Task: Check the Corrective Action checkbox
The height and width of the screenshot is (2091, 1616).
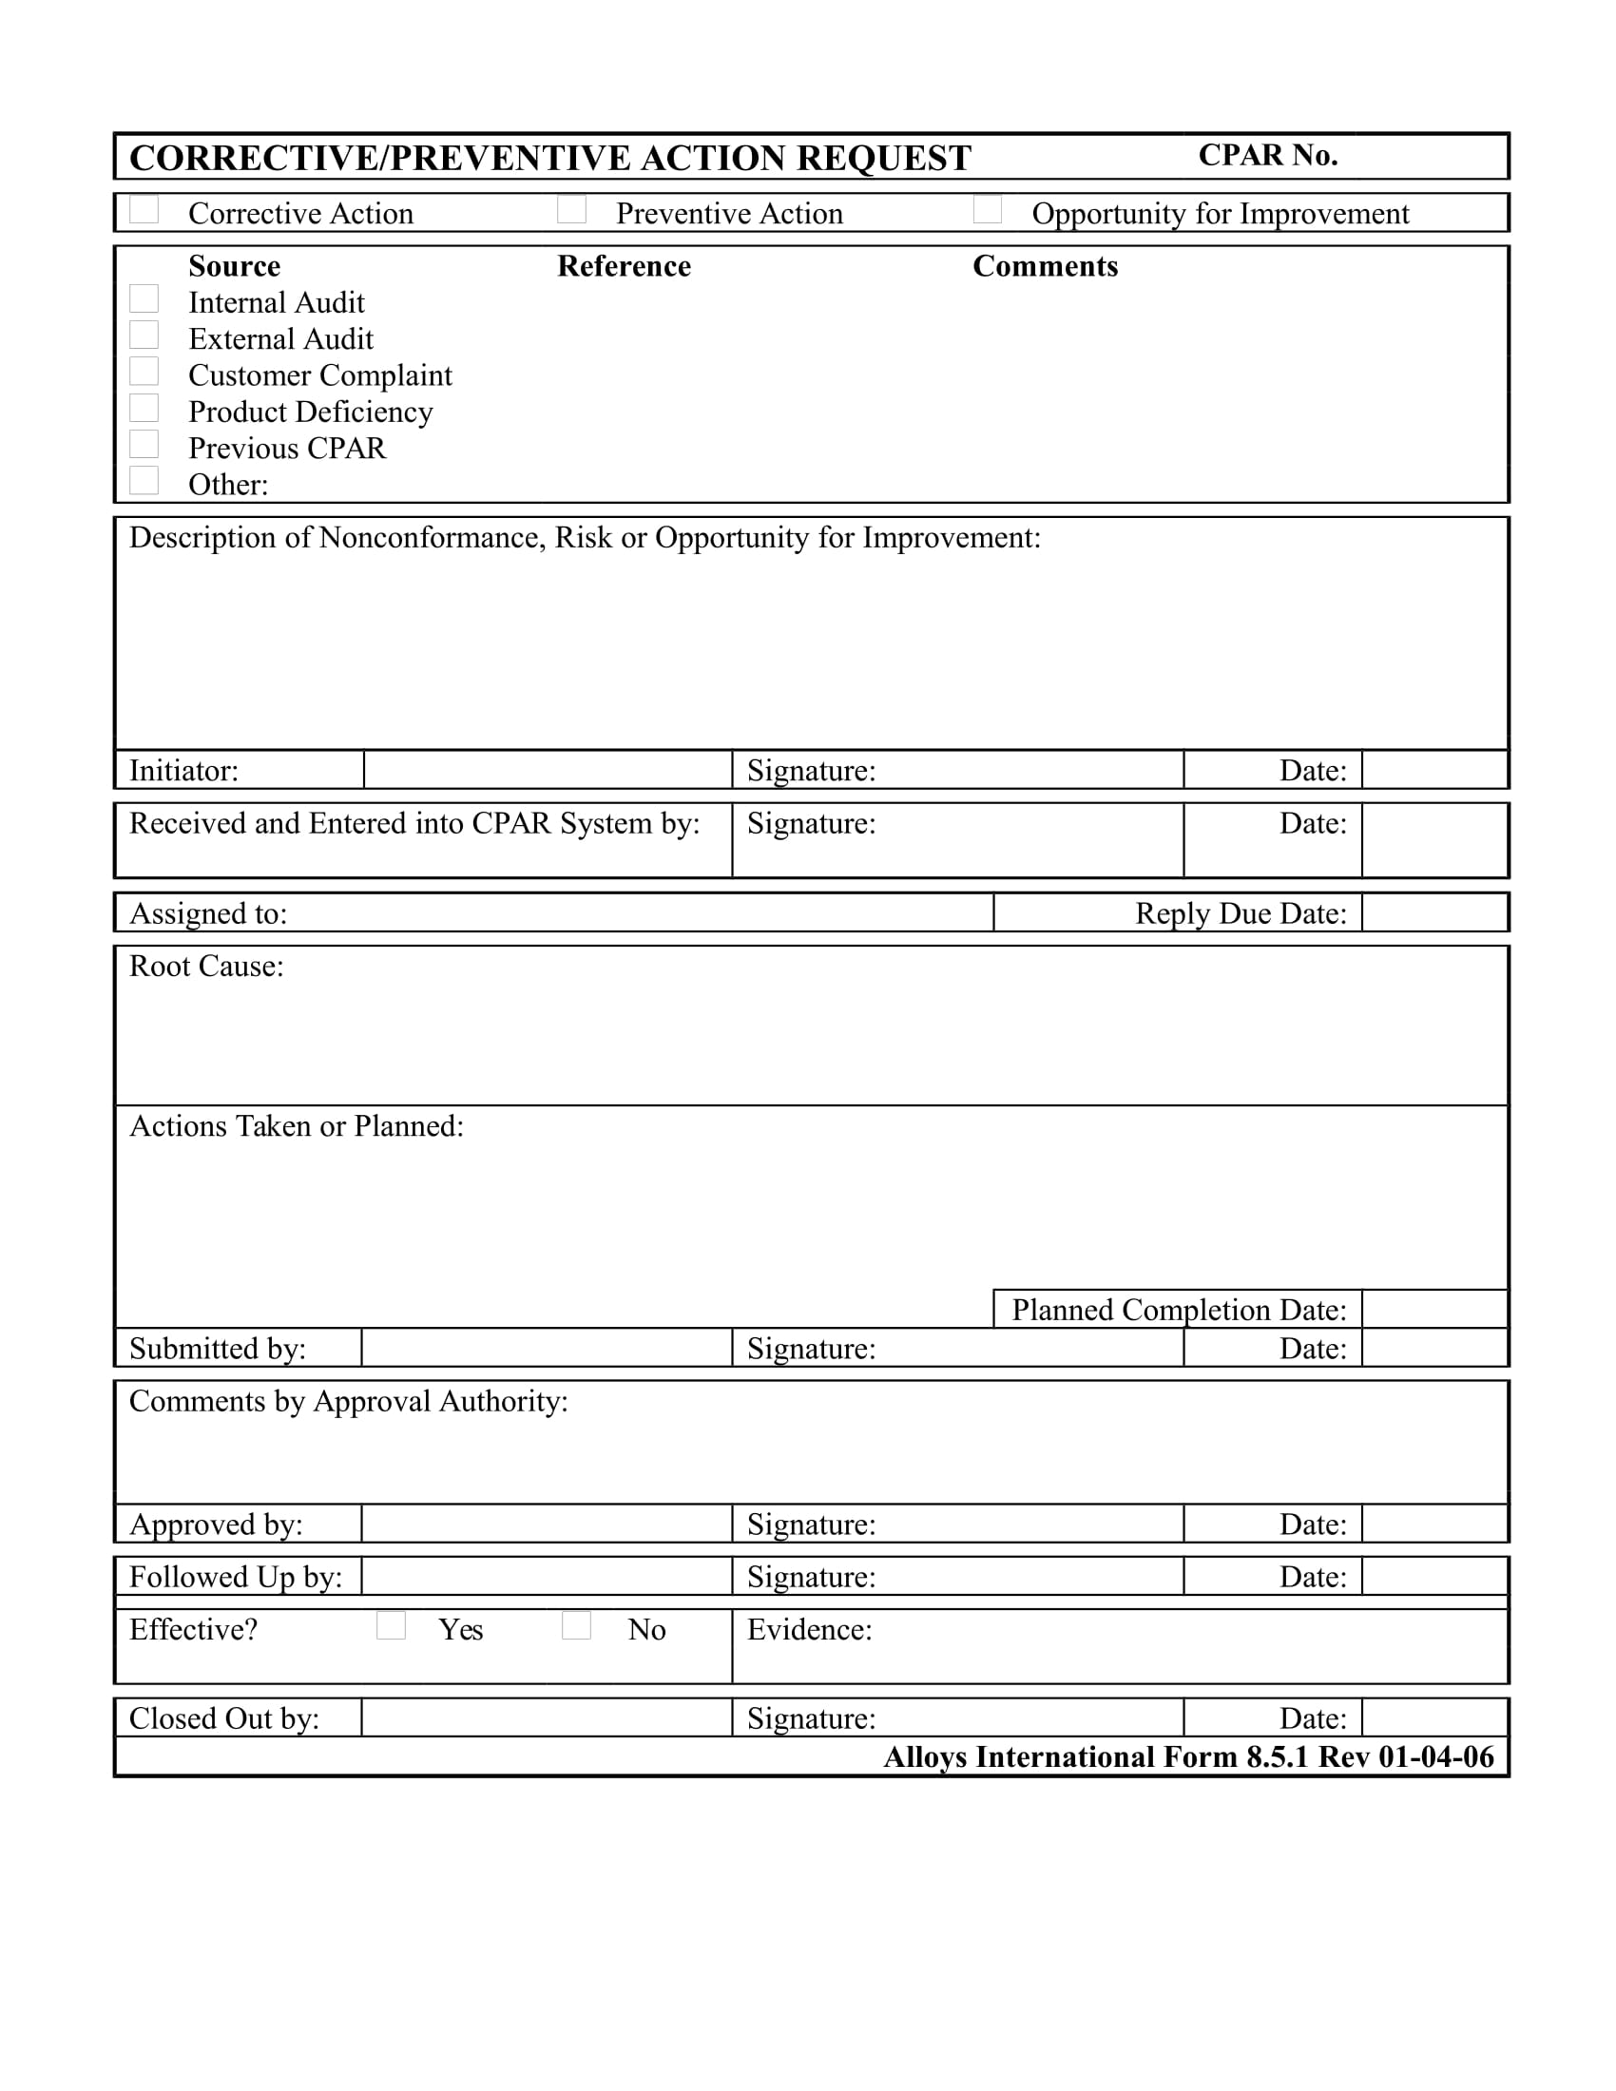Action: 144,210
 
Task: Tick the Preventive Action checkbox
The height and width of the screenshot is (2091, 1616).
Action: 571,210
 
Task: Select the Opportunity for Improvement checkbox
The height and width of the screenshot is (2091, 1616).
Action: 987,210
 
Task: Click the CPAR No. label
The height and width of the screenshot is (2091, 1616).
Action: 1267,155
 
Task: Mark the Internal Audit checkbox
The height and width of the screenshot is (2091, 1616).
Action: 144,298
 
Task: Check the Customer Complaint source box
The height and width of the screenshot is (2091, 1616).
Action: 144,372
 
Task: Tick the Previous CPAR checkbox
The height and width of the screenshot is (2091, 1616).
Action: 144,444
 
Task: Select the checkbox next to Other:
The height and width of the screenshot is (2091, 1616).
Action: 144,481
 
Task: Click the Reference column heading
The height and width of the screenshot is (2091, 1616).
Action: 625,266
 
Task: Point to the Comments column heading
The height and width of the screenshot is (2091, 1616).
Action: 1045,266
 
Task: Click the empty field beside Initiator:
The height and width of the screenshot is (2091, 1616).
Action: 548,770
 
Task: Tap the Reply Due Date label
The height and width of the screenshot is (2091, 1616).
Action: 1240,913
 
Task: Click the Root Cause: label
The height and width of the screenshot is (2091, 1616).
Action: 207,966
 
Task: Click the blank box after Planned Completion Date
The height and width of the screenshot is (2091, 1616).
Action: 1434,1309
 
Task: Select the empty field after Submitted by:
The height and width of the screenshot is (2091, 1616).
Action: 547,1348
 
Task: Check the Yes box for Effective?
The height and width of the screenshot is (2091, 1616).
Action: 391,1625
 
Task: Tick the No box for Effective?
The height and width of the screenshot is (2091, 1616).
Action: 576,1625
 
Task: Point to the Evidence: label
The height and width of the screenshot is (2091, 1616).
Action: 809,1629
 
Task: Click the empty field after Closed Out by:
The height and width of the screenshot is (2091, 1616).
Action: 547,1717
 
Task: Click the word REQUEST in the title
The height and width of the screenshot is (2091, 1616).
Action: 883,158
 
